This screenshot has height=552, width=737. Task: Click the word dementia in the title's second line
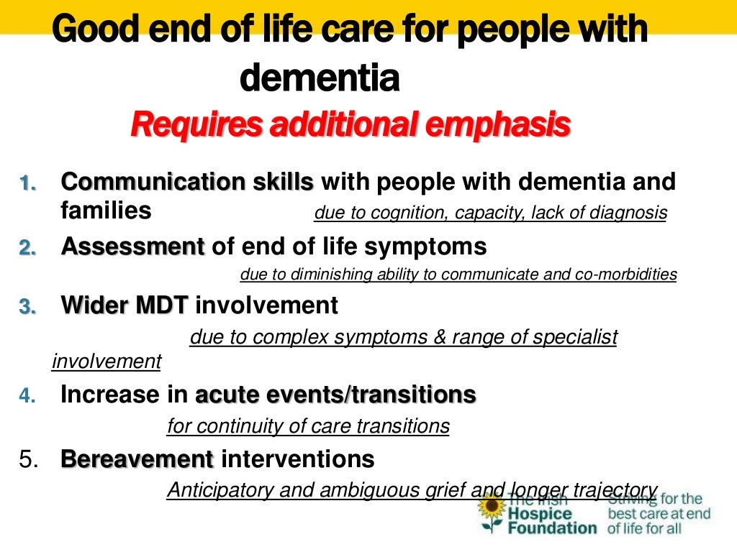click(x=319, y=80)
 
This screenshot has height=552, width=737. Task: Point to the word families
click(x=107, y=210)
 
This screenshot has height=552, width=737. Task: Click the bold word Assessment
click(x=133, y=247)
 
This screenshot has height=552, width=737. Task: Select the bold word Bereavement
click(x=137, y=459)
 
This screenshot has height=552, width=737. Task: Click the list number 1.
click(x=27, y=184)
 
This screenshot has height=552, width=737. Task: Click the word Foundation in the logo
click(x=552, y=528)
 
